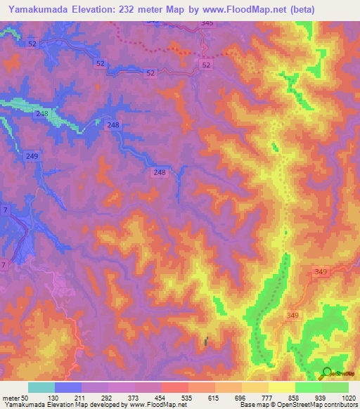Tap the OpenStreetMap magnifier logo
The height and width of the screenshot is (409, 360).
point(326,373)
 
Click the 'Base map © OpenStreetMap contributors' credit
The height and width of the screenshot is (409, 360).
point(297,405)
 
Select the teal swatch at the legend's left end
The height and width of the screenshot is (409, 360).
point(41,387)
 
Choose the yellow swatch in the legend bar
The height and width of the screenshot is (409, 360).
point(282,387)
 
